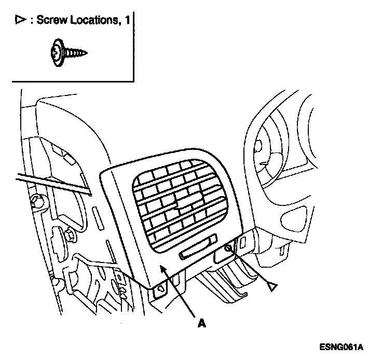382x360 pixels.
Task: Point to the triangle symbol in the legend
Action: click(x=20, y=21)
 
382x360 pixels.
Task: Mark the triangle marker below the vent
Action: click(x=272, y=285)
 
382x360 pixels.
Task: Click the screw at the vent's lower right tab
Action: click(x=228, y=250)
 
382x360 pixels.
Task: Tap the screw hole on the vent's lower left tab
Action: click(x=160, y=289)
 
